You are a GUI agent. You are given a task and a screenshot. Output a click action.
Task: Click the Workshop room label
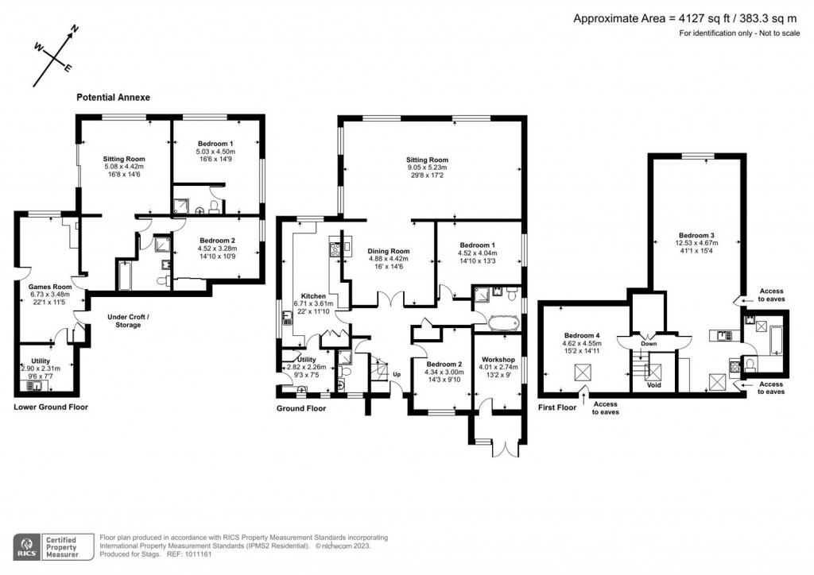point(498,359)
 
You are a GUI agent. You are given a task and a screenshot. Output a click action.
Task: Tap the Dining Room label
point(388,251)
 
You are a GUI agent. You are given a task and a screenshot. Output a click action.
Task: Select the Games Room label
point(50,287)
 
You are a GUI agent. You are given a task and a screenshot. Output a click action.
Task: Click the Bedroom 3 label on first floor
point(696,235)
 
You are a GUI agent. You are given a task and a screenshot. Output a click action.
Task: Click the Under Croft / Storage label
point(130,321)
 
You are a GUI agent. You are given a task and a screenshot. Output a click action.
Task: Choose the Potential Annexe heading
point(113,98)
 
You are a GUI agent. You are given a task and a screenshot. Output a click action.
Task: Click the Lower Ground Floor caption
point(50,407)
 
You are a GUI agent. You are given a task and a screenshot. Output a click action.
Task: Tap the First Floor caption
point(556,407)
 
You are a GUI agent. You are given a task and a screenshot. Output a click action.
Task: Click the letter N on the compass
point(75,29)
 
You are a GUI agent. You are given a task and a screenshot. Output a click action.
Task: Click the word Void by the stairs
point(654,385)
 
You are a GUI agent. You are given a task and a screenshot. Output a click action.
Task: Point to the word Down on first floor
point(649,344)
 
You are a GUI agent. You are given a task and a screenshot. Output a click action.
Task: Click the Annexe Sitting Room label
point(123,159)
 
